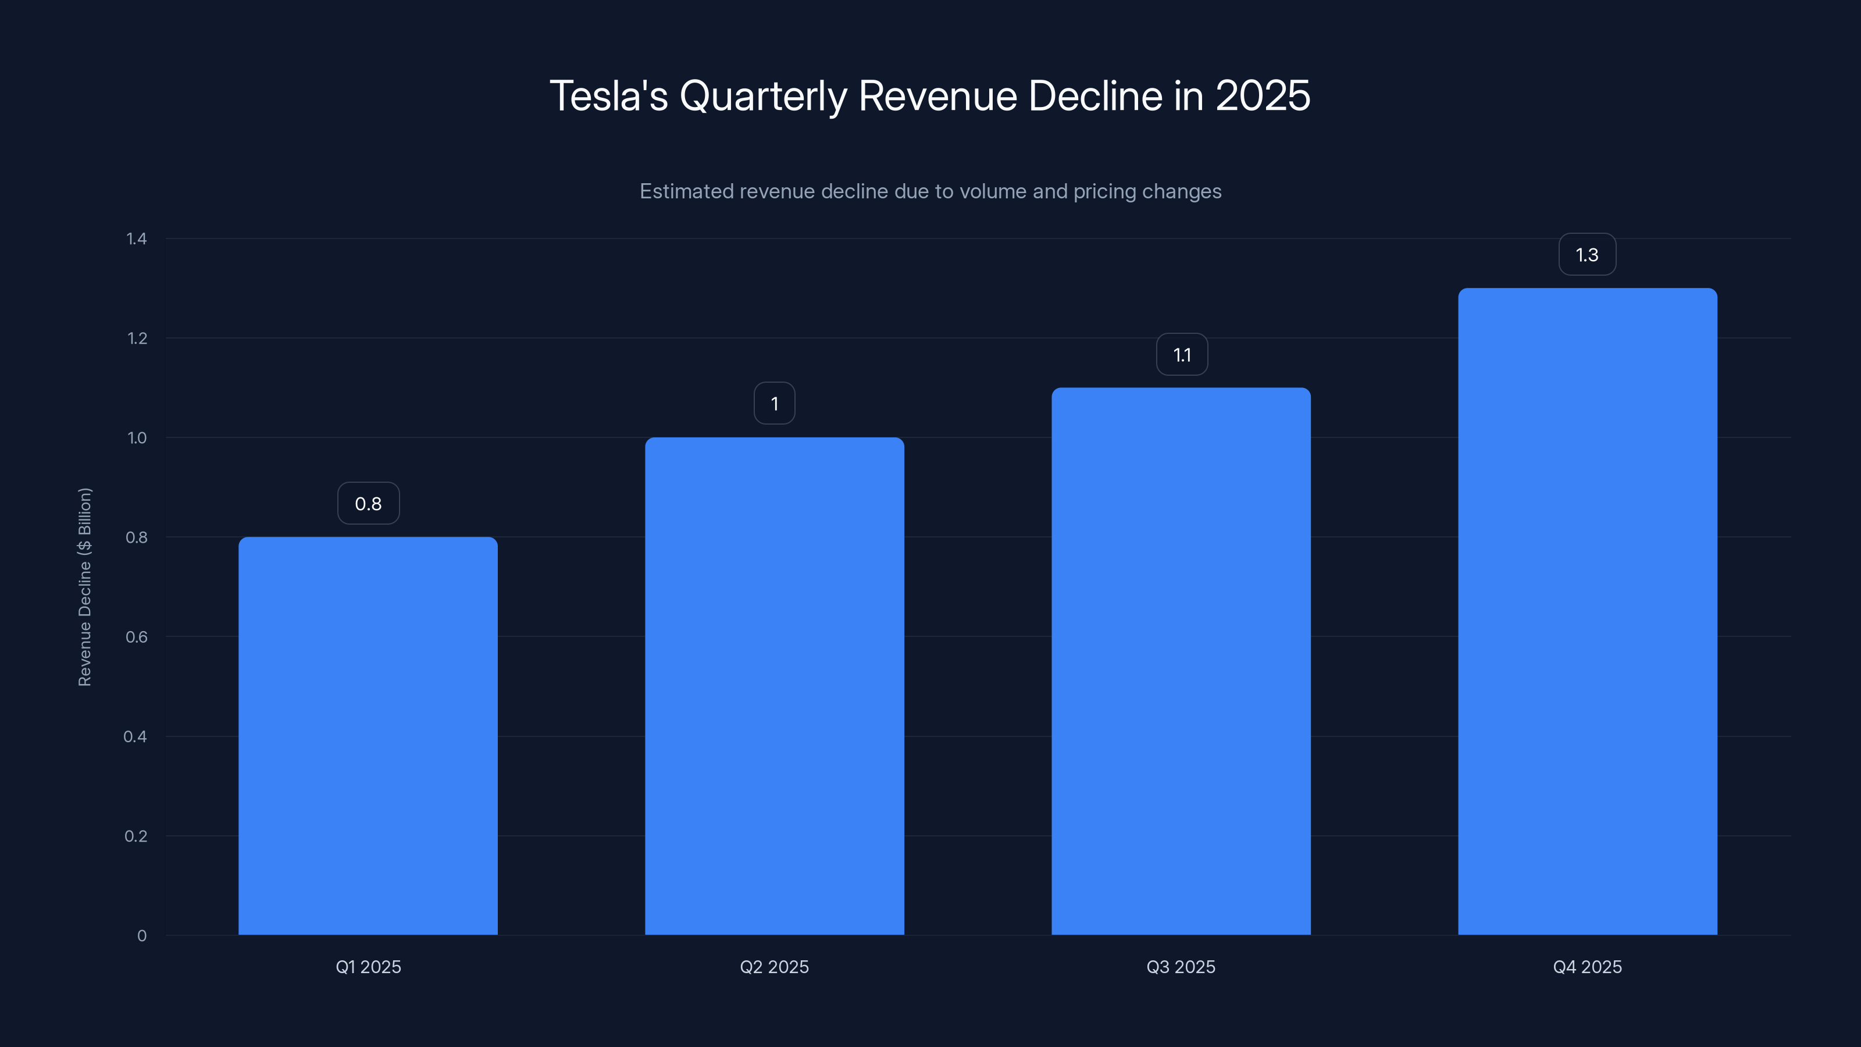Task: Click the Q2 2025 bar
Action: tap(775, 686)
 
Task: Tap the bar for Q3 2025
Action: tap(1181, 661)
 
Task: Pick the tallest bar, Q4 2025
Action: tap(1587, 611)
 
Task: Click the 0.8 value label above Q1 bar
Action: tap(369, 504)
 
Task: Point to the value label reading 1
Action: tap(775, 403)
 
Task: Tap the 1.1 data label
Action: tap(1182, 355)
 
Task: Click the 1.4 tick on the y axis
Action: tap(137, 238)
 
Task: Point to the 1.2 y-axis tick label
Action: tap(137, 338)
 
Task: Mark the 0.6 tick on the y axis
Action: tap(137, 636)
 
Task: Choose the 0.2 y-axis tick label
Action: tap(136, 836)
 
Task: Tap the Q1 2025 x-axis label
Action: tap(369, 967)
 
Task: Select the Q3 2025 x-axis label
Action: tap(1181, 967)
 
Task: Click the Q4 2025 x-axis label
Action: tap(1587, 967)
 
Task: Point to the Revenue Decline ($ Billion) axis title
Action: tap(84, 587)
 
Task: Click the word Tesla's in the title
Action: tap(608, 95)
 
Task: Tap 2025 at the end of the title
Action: tap(1263, 95)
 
